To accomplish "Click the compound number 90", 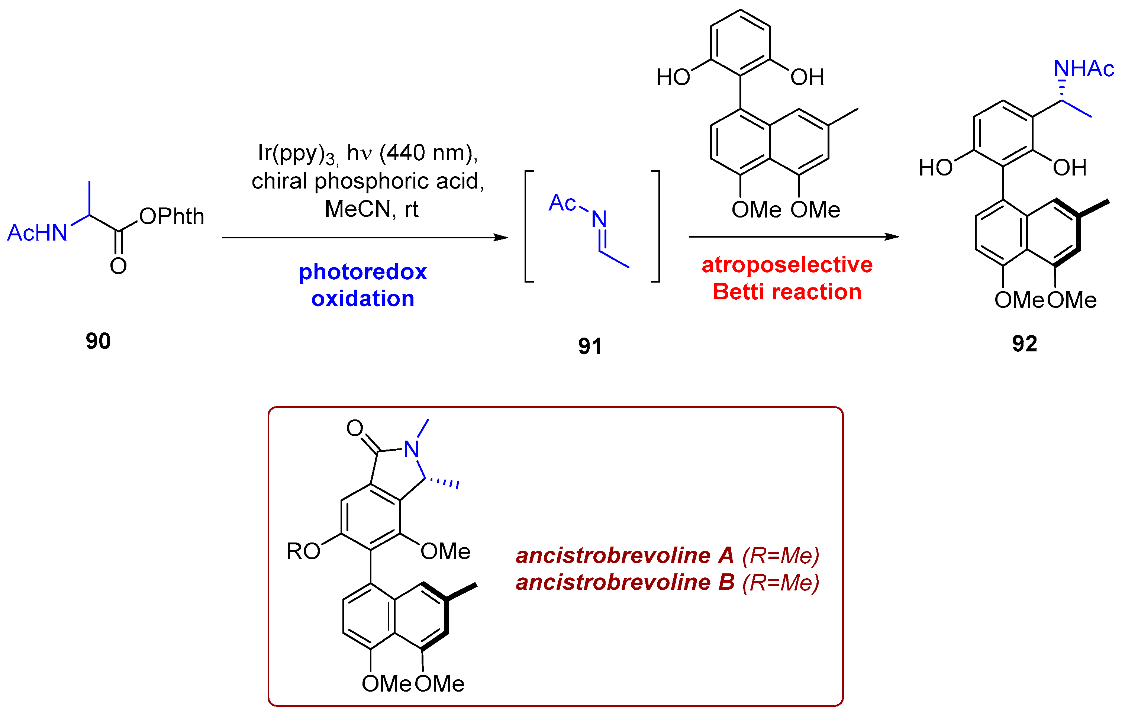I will (98, 341).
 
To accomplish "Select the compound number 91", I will (590, 346).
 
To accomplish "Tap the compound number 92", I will (1025, 344).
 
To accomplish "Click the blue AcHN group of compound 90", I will (38, 233).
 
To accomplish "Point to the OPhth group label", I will (172, 216).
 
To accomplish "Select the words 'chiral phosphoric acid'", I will (368, 181).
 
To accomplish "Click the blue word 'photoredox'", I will (362, 272).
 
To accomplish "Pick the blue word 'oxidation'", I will (362, 299).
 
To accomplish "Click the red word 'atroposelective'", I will (787, 265).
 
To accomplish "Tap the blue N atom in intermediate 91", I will (599, 219).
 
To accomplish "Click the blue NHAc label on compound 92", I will (1084, 69).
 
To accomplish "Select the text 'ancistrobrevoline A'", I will (625, 556).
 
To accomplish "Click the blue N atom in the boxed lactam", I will (411, 450).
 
